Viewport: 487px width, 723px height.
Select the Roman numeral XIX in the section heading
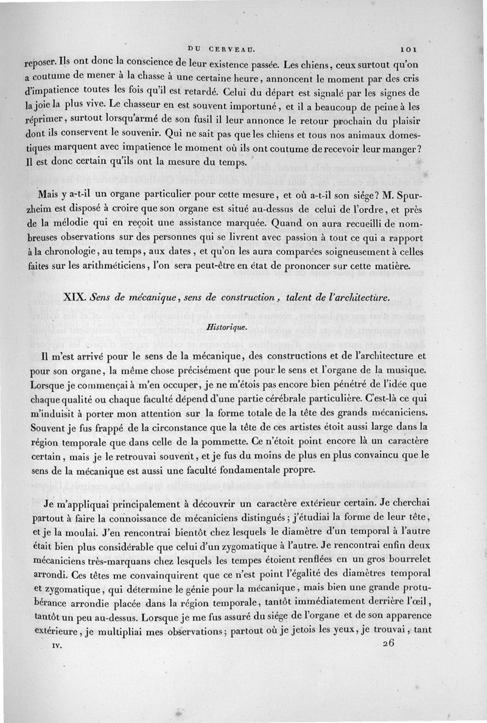coord(75,297)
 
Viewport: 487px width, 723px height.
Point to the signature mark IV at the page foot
coord(57,649)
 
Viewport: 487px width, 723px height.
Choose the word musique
coord(394,368)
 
